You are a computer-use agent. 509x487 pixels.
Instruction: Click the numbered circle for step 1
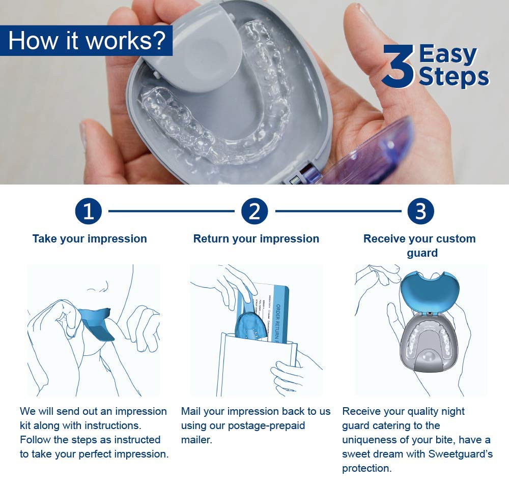click(89, 211)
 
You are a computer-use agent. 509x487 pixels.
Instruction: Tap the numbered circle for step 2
click(254, 211)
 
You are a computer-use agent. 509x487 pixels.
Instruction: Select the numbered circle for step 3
click(420, 211)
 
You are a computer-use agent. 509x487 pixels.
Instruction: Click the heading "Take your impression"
click(90, 239)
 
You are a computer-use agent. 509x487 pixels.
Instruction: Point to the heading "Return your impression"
click(256, 239)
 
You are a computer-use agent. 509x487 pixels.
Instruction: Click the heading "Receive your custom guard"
click(420, 246)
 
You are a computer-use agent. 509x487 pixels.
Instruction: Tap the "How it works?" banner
click(87, 41)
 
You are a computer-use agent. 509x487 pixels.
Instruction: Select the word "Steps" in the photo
click(453, 77)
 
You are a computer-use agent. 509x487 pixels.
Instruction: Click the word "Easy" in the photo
click(448, 54)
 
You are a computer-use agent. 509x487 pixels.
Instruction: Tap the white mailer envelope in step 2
click(254, 366)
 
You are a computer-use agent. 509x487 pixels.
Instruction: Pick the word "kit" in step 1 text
click(28, 425)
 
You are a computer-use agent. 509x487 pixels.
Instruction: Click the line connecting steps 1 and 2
click(171, 210)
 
